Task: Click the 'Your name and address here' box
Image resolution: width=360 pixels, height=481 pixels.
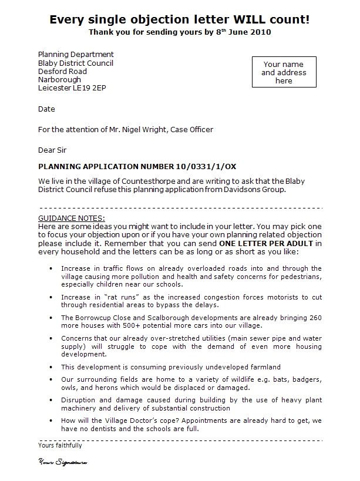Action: click(283, 72)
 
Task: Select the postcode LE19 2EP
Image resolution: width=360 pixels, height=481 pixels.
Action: click(89, 88)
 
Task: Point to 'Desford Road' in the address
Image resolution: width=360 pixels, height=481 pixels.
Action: click(62, 71)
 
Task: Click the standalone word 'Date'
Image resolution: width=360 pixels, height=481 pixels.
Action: click(46, 109)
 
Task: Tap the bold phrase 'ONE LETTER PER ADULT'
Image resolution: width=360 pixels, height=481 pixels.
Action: click(265, 243)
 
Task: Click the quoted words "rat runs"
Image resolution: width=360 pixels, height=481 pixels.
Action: click(116, 297)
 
